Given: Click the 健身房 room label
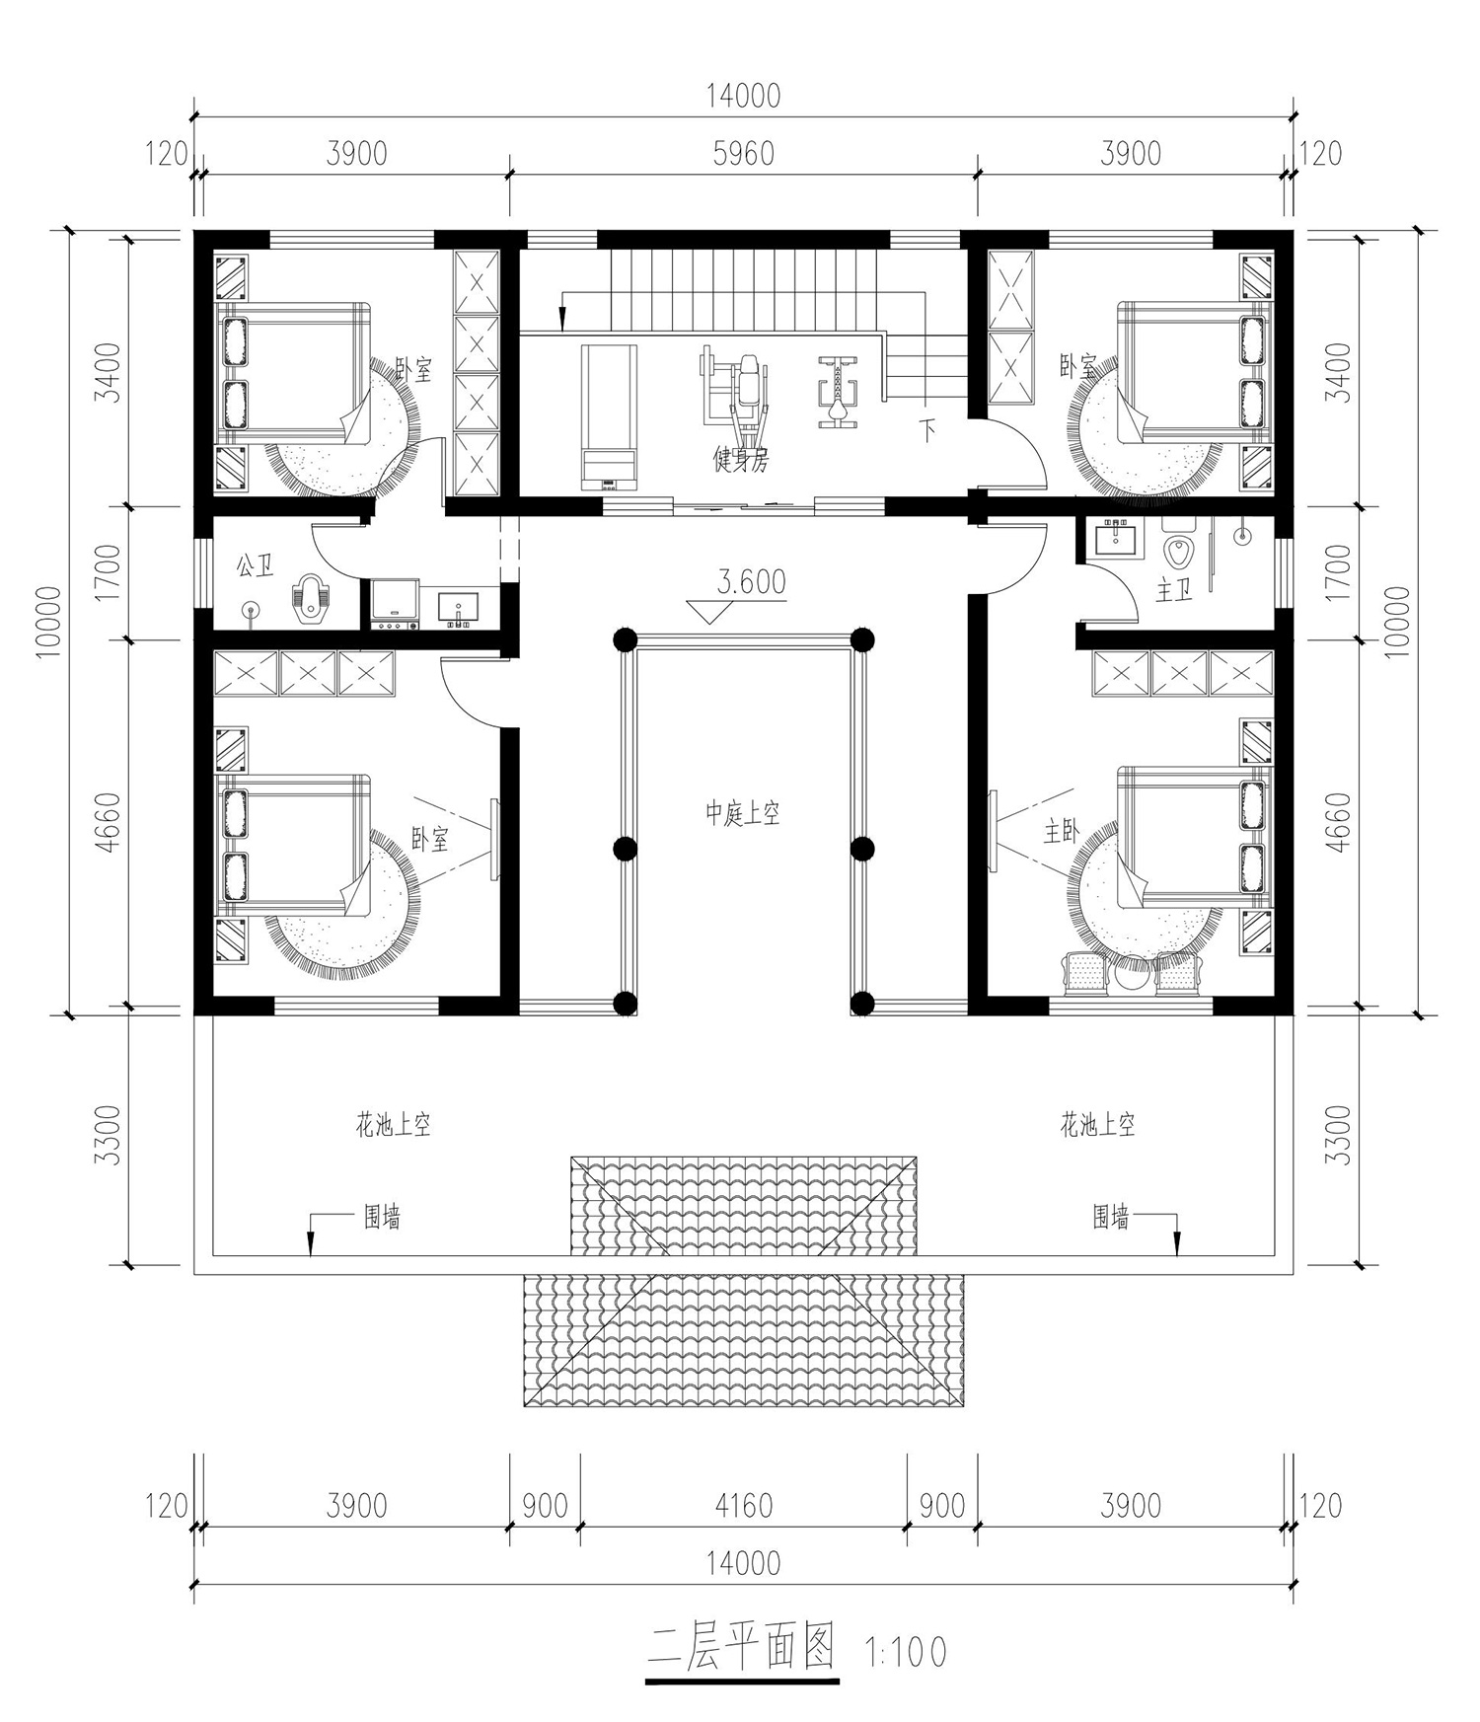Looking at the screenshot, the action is pos(740,459).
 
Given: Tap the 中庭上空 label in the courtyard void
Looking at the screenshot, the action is pos(742,814).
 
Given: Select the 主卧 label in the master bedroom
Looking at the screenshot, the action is pos(1062,833).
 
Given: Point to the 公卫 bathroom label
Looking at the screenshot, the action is pos(255,566).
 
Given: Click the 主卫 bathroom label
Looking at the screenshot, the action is pos(1174,591).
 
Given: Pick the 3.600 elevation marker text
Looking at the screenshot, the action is pos(751,582).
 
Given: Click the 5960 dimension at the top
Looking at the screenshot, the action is pos(743,154).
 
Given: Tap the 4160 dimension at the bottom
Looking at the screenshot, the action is pos(743,1506).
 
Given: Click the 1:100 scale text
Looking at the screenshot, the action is pos(905,1652).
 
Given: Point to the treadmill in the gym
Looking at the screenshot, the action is pos(609,417).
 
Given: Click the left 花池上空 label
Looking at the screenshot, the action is pos(394,1124).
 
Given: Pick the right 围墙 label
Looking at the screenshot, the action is pos(1110,1218).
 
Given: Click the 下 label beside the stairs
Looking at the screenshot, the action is pos(927,430).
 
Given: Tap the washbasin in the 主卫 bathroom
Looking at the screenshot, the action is pos(1117,539).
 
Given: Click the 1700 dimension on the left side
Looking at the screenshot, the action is pos(111,572).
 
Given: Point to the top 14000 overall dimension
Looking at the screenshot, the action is pos(743,95).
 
